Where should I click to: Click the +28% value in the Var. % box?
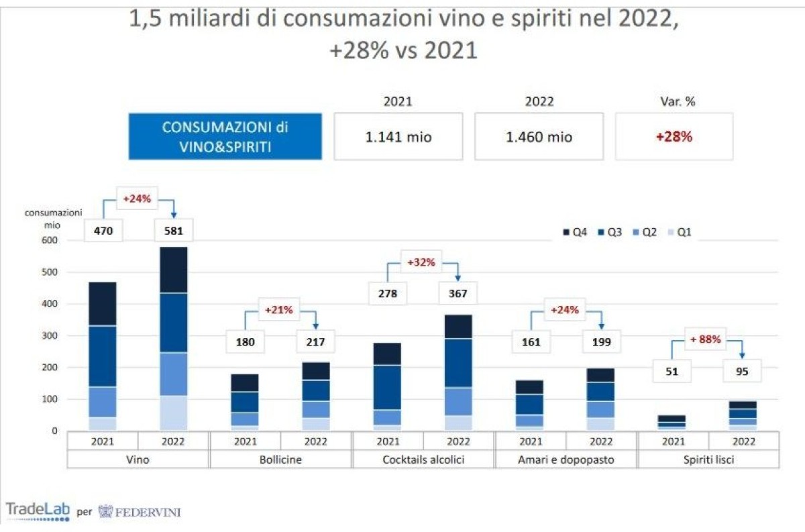[x=674, y=136]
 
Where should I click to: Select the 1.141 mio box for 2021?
[x=398, y=136]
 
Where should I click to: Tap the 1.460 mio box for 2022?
[x=539, y=136]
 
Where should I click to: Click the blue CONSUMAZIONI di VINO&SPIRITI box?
[x=225, y=136]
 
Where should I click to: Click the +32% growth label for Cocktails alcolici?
[x=421, y=262]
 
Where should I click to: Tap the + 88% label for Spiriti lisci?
[x=704, y=339]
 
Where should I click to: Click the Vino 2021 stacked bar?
[x=103, y=356]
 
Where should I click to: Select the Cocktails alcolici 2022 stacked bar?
[x=458, y=372]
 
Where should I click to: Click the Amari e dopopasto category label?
[x=566, y=460]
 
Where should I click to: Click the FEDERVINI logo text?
[x=140, y=512]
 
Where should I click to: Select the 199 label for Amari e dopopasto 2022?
[x=601, y=341]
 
